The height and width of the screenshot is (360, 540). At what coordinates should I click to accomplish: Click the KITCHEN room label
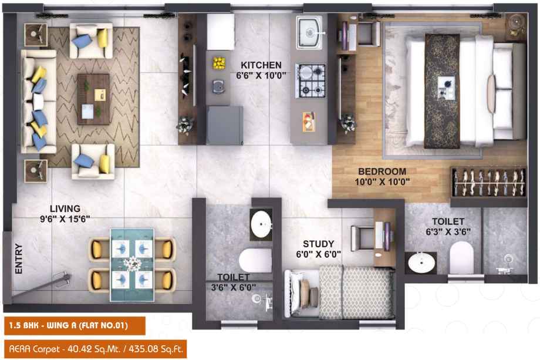pos(261,65)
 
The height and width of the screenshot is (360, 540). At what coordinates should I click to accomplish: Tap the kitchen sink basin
pos(309,33)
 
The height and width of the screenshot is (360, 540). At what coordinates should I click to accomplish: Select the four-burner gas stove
pos(310,81)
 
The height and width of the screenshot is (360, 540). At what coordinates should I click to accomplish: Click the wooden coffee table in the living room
pos(93,99)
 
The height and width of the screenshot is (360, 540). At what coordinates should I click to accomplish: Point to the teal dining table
pos(132,265)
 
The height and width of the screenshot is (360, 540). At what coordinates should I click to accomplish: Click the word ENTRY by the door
pos(19,259)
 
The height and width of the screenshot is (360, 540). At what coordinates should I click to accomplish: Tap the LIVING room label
pos(65,208)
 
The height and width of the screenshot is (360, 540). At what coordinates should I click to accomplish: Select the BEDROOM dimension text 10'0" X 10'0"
pos(382,181)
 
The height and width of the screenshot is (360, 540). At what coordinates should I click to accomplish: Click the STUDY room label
pos(318,244)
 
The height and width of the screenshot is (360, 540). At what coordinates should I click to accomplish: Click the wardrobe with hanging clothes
pos(489,182)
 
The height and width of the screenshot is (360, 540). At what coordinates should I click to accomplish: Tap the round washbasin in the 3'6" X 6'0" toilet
pos(261,224)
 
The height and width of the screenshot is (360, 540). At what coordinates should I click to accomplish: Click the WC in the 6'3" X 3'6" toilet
pos(461,258)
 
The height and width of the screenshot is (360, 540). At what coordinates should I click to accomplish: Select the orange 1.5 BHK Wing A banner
pos(75,325)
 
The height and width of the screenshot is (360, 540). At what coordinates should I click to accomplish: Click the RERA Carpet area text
pos(96,349)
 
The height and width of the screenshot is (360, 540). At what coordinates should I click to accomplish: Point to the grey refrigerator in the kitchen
pos(225,125)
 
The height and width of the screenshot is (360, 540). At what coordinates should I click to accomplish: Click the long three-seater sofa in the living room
pos(39,101)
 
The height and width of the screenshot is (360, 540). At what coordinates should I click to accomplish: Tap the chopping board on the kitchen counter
pos(309,122)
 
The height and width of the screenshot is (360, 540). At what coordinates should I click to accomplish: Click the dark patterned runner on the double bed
pos(442,91)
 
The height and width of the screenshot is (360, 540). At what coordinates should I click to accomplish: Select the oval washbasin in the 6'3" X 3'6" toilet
pos(421,263)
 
